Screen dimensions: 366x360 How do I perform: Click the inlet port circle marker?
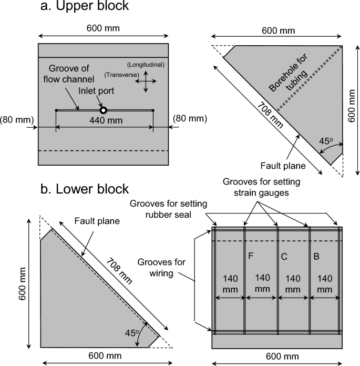[x=104, y=110]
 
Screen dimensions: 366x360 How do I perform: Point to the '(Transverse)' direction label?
[x=121, y=75]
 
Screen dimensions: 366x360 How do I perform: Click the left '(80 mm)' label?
[x=17, y=119]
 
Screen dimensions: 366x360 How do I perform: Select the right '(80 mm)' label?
[x=190, y=119]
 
